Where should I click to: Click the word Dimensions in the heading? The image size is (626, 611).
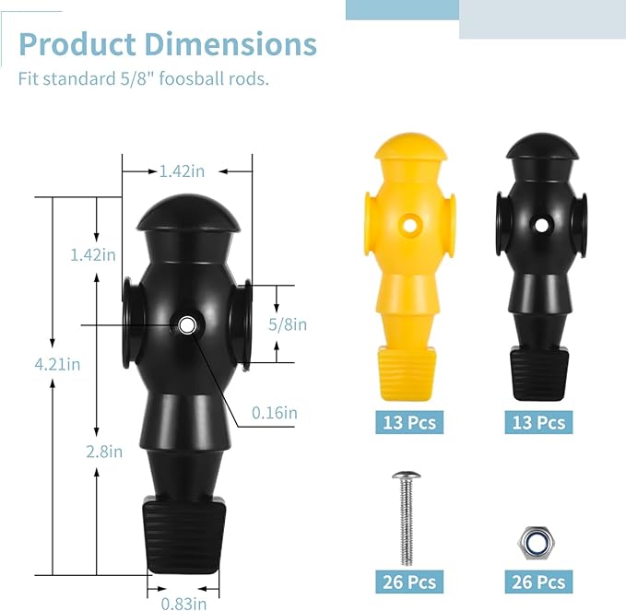[230, 44]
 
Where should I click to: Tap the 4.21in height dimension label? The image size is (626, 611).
[57, 364]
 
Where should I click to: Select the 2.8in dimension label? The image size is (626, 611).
[104, 452]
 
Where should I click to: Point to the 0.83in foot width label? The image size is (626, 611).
[184, 603]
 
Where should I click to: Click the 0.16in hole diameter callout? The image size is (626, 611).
[275, 413]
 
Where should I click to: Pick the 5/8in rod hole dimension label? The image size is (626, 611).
[288, 324]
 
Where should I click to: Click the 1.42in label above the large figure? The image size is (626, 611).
[182, 171]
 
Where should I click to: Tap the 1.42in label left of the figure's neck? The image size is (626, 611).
[93, 254]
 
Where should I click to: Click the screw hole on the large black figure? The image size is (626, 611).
[186, 325]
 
